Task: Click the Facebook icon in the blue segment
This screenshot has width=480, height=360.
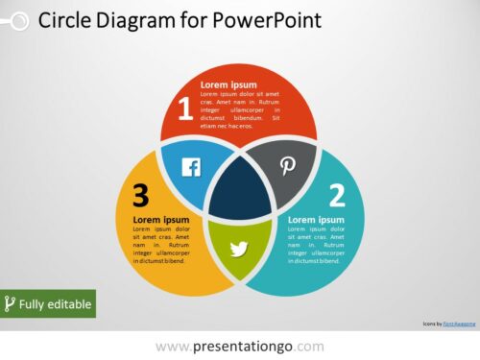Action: pos(191,168)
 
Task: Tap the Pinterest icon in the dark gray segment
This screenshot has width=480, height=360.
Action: pos(288,166)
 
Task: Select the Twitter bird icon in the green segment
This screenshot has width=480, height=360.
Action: pos(239,250)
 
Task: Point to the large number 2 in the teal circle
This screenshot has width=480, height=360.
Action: pos(337,196)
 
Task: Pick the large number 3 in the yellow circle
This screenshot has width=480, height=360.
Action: pos(141,196)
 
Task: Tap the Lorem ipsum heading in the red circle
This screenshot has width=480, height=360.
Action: pos(229,84)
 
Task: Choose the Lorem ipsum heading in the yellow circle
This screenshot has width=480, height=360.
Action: pos(160,220)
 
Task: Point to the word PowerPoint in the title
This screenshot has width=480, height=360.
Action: pos(270,20)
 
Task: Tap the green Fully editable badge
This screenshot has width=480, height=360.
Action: pos(48,304)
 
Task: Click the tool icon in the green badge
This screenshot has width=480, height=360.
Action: pos(11,304)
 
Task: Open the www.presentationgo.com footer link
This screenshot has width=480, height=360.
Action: pos(239,346)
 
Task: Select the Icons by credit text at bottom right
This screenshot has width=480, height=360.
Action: pos(446,324)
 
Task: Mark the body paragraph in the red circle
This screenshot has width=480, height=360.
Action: pos(239,110)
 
